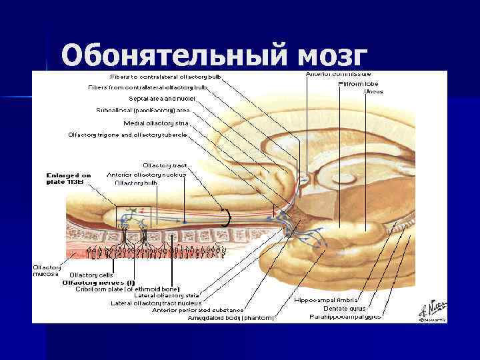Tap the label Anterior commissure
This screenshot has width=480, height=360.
(339, 73)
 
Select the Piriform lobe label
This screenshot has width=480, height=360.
(358, 84)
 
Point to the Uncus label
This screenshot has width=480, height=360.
(373, 91)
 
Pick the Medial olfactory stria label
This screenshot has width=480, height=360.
(157, 123)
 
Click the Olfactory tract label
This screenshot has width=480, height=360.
(165, 165)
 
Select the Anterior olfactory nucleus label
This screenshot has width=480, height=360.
(147, 175)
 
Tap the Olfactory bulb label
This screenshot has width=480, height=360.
(136, 183)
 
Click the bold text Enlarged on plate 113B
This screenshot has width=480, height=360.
(68, 179)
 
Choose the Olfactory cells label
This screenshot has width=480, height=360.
(91, 275)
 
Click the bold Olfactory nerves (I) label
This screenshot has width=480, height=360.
(98, 282)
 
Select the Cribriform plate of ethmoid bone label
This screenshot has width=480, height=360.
(127, 289)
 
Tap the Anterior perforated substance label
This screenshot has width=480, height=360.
(198, 310)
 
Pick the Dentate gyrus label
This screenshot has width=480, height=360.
(344, 308)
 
